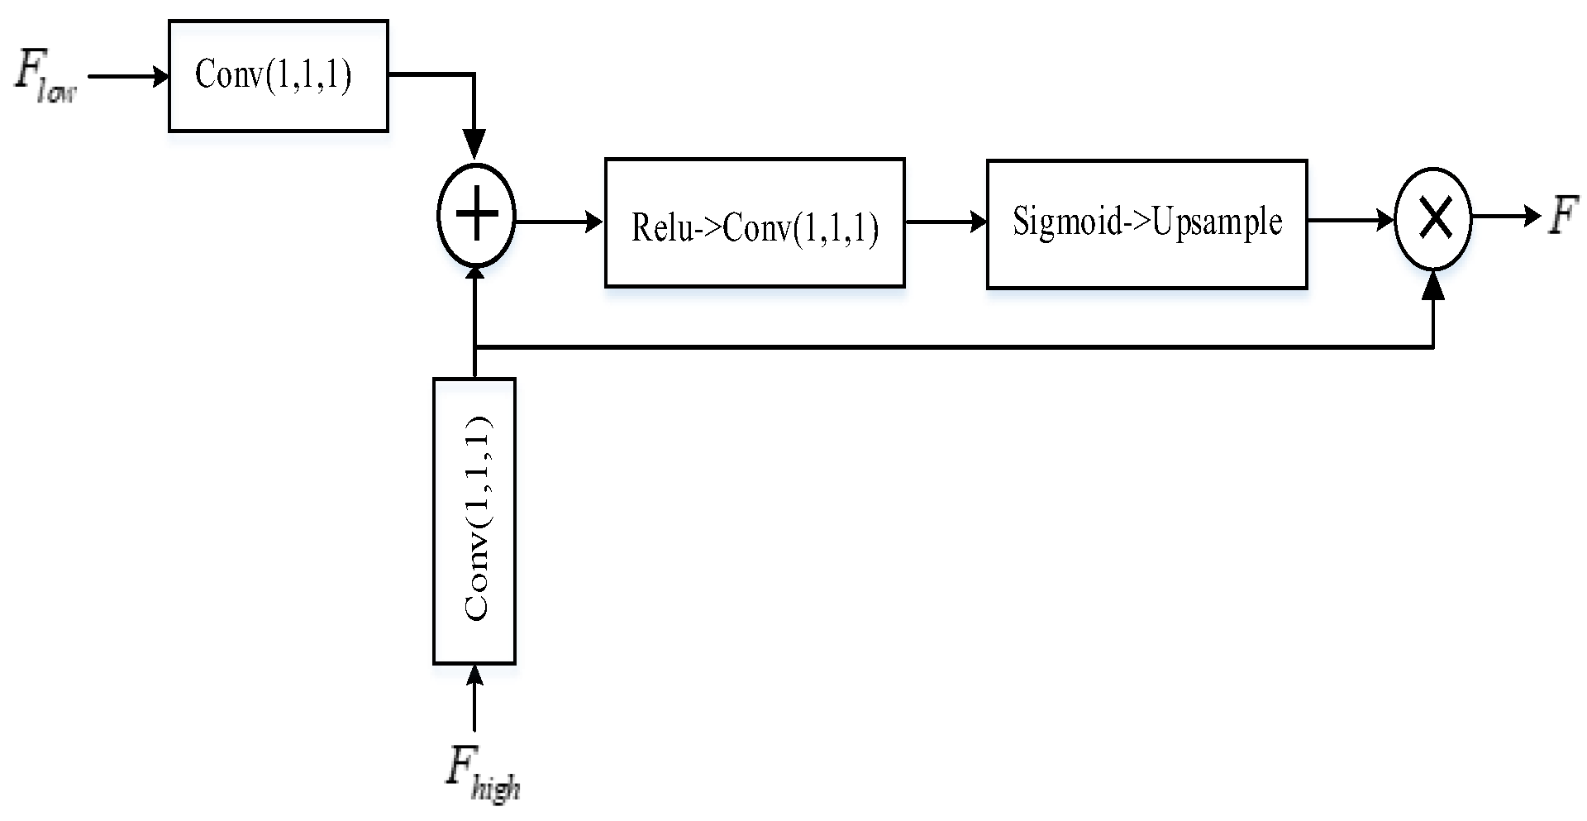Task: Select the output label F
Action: click(x=1563, y=216)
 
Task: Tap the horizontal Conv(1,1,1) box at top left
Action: click(x=279, y=76)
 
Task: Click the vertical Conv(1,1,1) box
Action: click(x=474, y=521)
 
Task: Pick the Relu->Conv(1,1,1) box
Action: click(x=755, y=223)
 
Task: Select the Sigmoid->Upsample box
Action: click(x=1146, y=224)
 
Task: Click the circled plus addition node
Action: click(x=476, y=215)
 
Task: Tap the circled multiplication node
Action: click(x=1433, y=219)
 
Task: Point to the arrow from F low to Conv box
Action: click(x=128, y=77)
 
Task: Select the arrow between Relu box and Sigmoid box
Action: click(x=946, y=222)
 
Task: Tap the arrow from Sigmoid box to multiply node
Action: click(x=1351, y=220)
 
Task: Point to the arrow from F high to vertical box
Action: click(x=474, y=699)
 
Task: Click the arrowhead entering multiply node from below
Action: click(x=1433, y=286)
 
